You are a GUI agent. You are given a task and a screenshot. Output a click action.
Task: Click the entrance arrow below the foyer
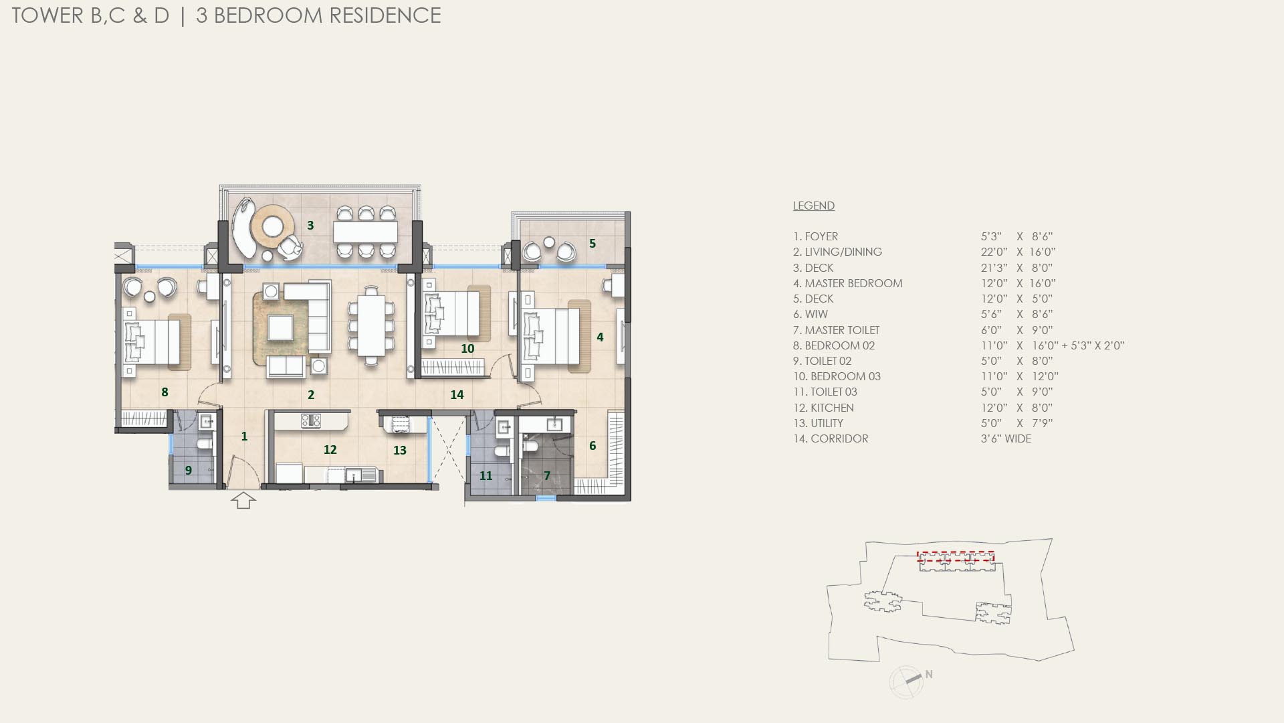click(x=243, y=500)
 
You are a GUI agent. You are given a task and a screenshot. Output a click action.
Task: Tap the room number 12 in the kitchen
click(x=330, y=450)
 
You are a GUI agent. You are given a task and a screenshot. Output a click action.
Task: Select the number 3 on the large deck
click(x=310, y=226)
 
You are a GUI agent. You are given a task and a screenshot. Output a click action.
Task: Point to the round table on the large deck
click(x=272, y=226)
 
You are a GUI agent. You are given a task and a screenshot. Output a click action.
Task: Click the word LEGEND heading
click(x=813, y=206)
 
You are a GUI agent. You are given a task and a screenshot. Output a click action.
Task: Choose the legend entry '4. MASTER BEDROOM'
click(x=847, y=283)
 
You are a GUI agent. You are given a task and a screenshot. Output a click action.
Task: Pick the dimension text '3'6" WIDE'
click(x=1006, y=438)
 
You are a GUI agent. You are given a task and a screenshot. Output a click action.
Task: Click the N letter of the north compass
click(x=929, y=674)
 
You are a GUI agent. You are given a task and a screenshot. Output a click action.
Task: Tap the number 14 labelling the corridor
click(x=457, y=395)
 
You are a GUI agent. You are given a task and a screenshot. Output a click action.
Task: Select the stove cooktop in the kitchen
click(x=311, y=421)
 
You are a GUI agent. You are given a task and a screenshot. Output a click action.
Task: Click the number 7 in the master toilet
click(x=547, y=476)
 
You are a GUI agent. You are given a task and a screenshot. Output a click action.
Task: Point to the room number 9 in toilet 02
click(x=189, y=471)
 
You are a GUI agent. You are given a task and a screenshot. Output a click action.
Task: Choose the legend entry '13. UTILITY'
click(x=818, y=423)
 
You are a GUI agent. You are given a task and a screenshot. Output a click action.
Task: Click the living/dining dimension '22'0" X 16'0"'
click(x=1018, y=252)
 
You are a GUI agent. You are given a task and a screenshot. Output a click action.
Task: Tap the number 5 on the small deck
click(x=593, y=244)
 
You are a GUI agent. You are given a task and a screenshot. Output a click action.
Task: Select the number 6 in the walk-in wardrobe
click(x=593, y=446)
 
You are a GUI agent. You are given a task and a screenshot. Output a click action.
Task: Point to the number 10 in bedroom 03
click(x=467, y=349)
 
